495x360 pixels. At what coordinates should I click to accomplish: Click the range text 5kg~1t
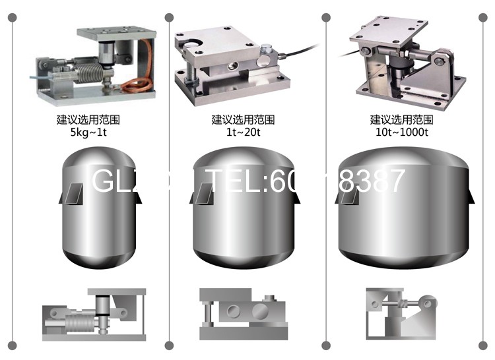[88, 132]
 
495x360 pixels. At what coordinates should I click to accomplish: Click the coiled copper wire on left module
[137, 83]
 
